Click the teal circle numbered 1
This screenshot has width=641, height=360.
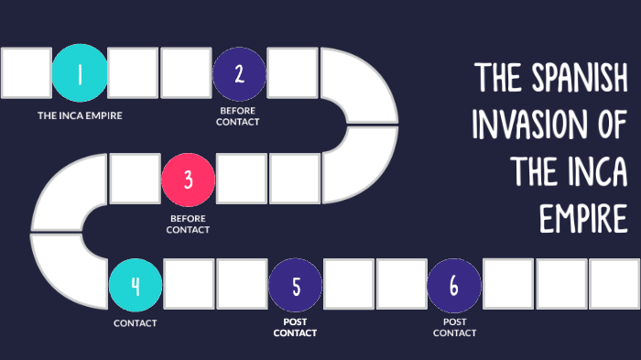pos(80,74)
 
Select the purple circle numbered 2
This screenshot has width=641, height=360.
pos(239,74)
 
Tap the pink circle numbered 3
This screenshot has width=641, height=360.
pos(188,179)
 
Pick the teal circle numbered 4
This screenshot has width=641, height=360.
pos(135,285)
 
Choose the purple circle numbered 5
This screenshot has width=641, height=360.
pos(295,285)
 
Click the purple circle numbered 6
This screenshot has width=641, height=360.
pos(454,285)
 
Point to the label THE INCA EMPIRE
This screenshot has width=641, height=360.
pos(80,116)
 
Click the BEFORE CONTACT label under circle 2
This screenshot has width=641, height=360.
pos(239,117)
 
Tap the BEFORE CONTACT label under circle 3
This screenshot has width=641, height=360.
pos(188,224)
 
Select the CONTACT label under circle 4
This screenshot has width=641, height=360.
pos(136,323)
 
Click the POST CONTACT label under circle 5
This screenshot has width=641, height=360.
pos(295,328)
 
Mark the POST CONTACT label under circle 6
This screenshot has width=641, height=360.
pos(454,328)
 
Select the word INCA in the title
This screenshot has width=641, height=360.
pos(596,171)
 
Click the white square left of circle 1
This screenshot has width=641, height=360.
pos(26,74)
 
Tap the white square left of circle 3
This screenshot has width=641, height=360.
pos(134,179)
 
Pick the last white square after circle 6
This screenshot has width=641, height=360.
pos(614,285)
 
